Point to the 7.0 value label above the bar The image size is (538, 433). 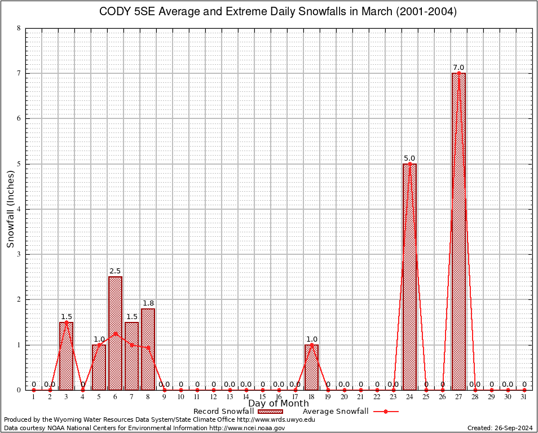pyautogui.click(x=458, y=68)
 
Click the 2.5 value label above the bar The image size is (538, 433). pyautogui.click(x=115, y=271)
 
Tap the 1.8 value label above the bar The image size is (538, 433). pyautogui.click(x=148, y=303)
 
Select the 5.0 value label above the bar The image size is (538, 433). pyautogui.click(x=409, y=158)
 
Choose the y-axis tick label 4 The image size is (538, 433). pyautogui.click(x=19, y=209)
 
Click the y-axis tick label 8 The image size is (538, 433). pyautogui.click(x=19, y=28)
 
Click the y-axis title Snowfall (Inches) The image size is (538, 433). pyautogui.click(x=10, y=209)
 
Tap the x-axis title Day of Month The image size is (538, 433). pyautogui.click(x=278, y=403)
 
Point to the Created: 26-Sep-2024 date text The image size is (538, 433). pyautogui.click(x=500, y=428)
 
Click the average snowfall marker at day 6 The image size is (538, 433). pyautogui.click(x=115, y=333)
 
